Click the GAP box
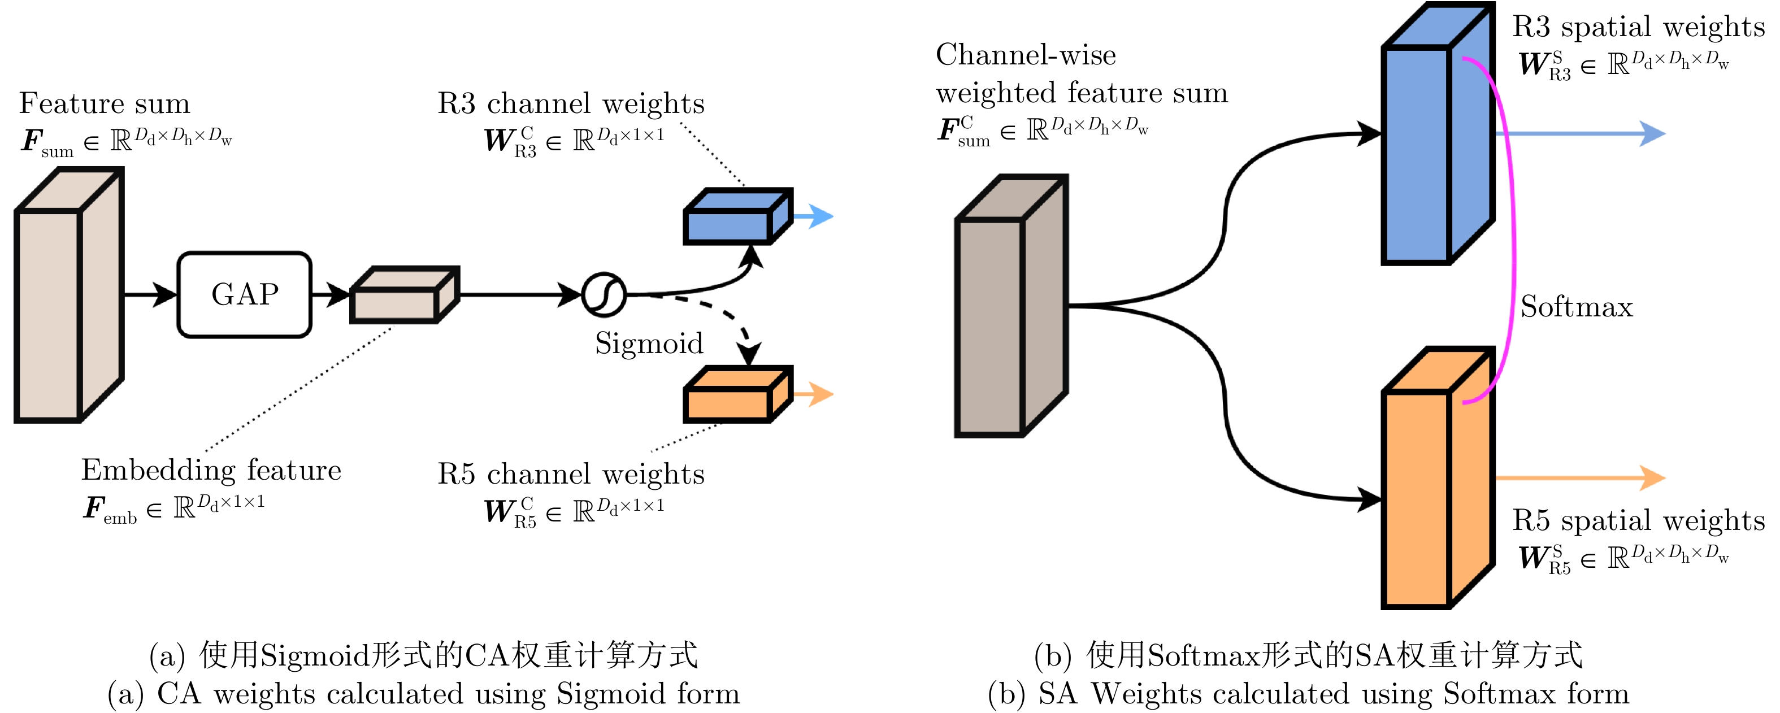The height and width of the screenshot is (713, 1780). coord(245,294)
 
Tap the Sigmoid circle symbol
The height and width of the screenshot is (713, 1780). coord(604,295)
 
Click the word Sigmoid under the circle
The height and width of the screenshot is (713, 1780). coord(649,344)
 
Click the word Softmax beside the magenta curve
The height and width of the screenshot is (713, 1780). coord(1576,307)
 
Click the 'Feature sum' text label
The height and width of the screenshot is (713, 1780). coord(105,103)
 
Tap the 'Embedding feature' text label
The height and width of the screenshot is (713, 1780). coord(211,470)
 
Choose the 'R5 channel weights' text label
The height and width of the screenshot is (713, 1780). coord(571,474)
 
